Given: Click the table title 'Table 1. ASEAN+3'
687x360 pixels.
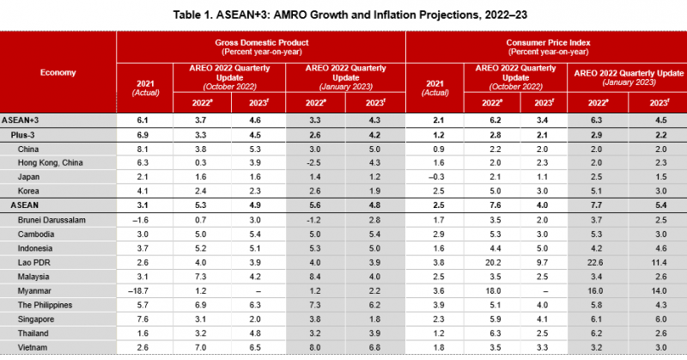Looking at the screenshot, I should click(x=343, y=15).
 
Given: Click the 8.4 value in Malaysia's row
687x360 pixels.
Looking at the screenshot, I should click(x=314, y=278).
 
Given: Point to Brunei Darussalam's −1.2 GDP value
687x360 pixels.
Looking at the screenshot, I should click(x=313, y=219).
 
